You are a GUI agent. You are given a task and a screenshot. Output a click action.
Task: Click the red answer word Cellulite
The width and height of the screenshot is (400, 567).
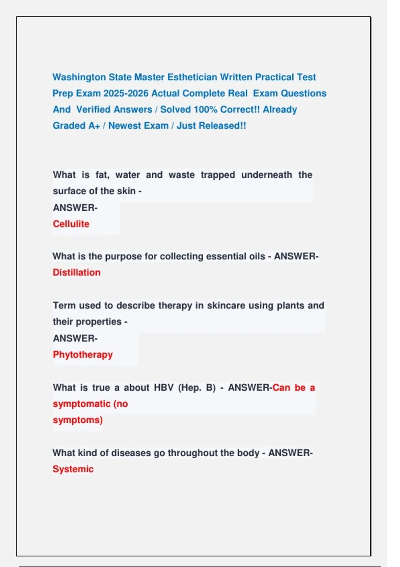pyautogui.click(x=71, y=224)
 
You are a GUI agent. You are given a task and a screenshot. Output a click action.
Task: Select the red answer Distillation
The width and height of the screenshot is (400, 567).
pyautogui.click(x=77, y=272)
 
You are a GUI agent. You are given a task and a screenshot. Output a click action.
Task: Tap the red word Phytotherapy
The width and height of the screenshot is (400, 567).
pyautogui.click(x=83, y=355)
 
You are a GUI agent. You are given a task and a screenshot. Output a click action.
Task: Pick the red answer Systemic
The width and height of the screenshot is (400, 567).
pyautogui.click(x=73, y=469)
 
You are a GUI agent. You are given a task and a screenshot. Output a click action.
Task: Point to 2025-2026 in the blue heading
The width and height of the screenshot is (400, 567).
pyautogui.click(x=126, y=93)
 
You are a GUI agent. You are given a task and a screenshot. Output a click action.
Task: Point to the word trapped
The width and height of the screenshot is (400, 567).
pyautogui.click(x=218, y=175)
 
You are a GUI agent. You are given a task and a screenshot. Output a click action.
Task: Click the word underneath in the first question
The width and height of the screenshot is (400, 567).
pyautogui.click(x=266, y=175)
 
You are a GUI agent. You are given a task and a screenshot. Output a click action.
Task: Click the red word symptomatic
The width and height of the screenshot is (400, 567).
pyautogui.click(x=81, y=404)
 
